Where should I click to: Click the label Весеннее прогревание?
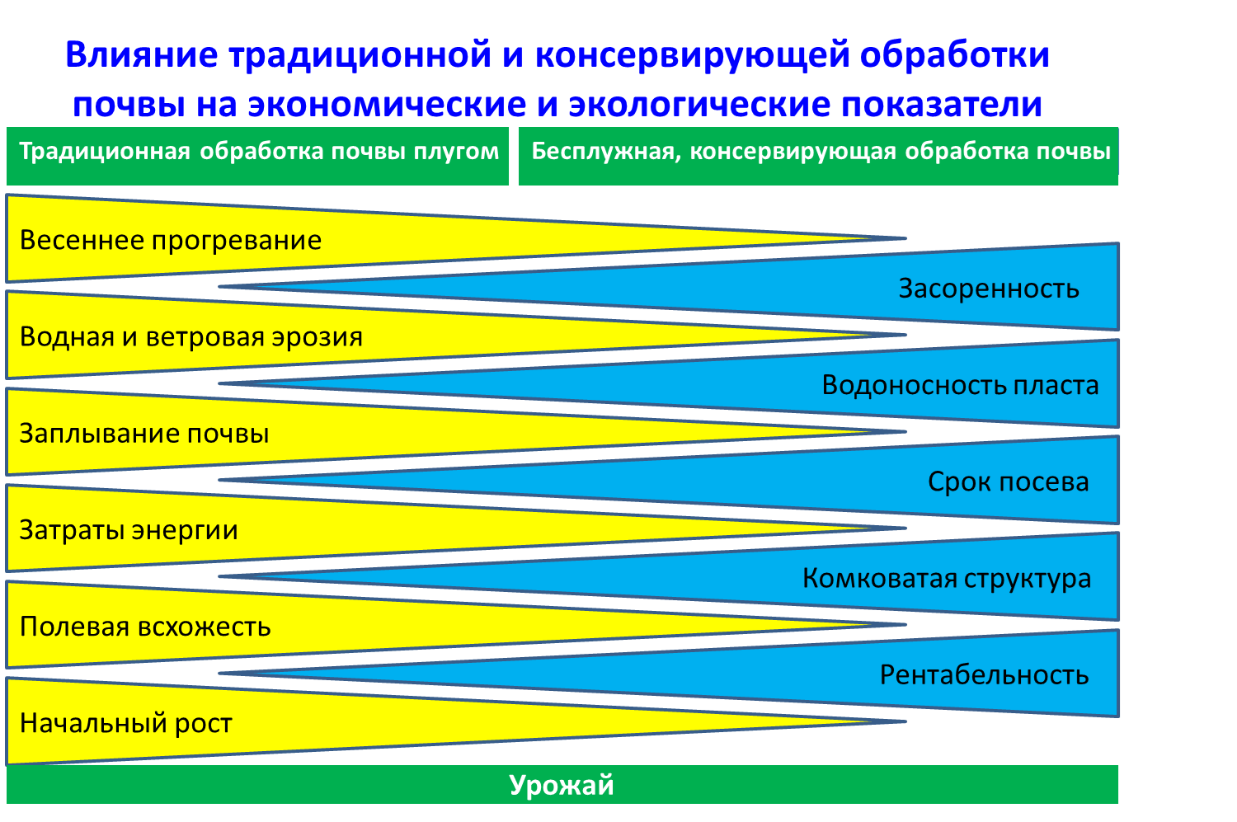coord(170,241)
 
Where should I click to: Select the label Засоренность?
coord(989,289)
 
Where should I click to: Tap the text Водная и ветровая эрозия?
coord(191,336)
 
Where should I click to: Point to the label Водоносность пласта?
coord(961,385)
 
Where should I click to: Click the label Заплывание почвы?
coord(144,434)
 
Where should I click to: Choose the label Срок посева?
coord(1009,482)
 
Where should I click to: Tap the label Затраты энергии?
coord(129,530)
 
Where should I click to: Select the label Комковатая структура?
coord(947,579)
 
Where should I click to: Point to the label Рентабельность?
coord(984,675)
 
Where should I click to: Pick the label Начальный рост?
coord(126,723)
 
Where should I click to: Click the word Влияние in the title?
coord(142,55)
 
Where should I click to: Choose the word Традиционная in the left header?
coord(105,152)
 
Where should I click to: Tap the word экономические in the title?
coord(387,105)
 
